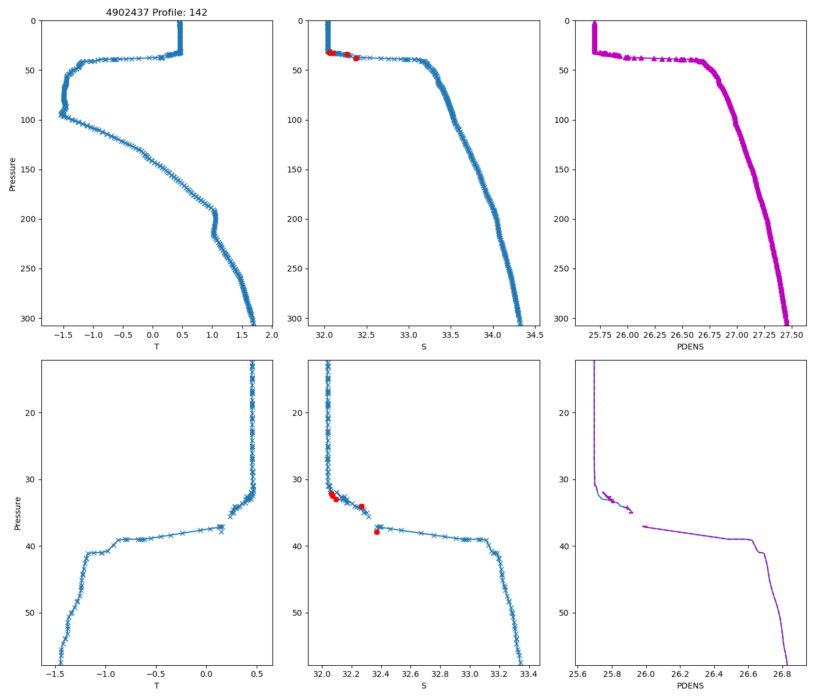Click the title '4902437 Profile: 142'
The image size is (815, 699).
point(157,12)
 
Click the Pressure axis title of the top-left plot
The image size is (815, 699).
point(13,174)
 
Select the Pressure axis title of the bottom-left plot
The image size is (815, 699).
point(17,513)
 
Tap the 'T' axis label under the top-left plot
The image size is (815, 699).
point(157,347)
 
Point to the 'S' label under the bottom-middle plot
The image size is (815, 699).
point(424,686)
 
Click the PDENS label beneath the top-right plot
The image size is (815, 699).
point(690,347)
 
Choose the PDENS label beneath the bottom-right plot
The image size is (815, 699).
point(690,686)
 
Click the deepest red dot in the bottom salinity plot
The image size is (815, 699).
point(377,532)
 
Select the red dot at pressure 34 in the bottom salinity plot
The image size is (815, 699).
point(362,507)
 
